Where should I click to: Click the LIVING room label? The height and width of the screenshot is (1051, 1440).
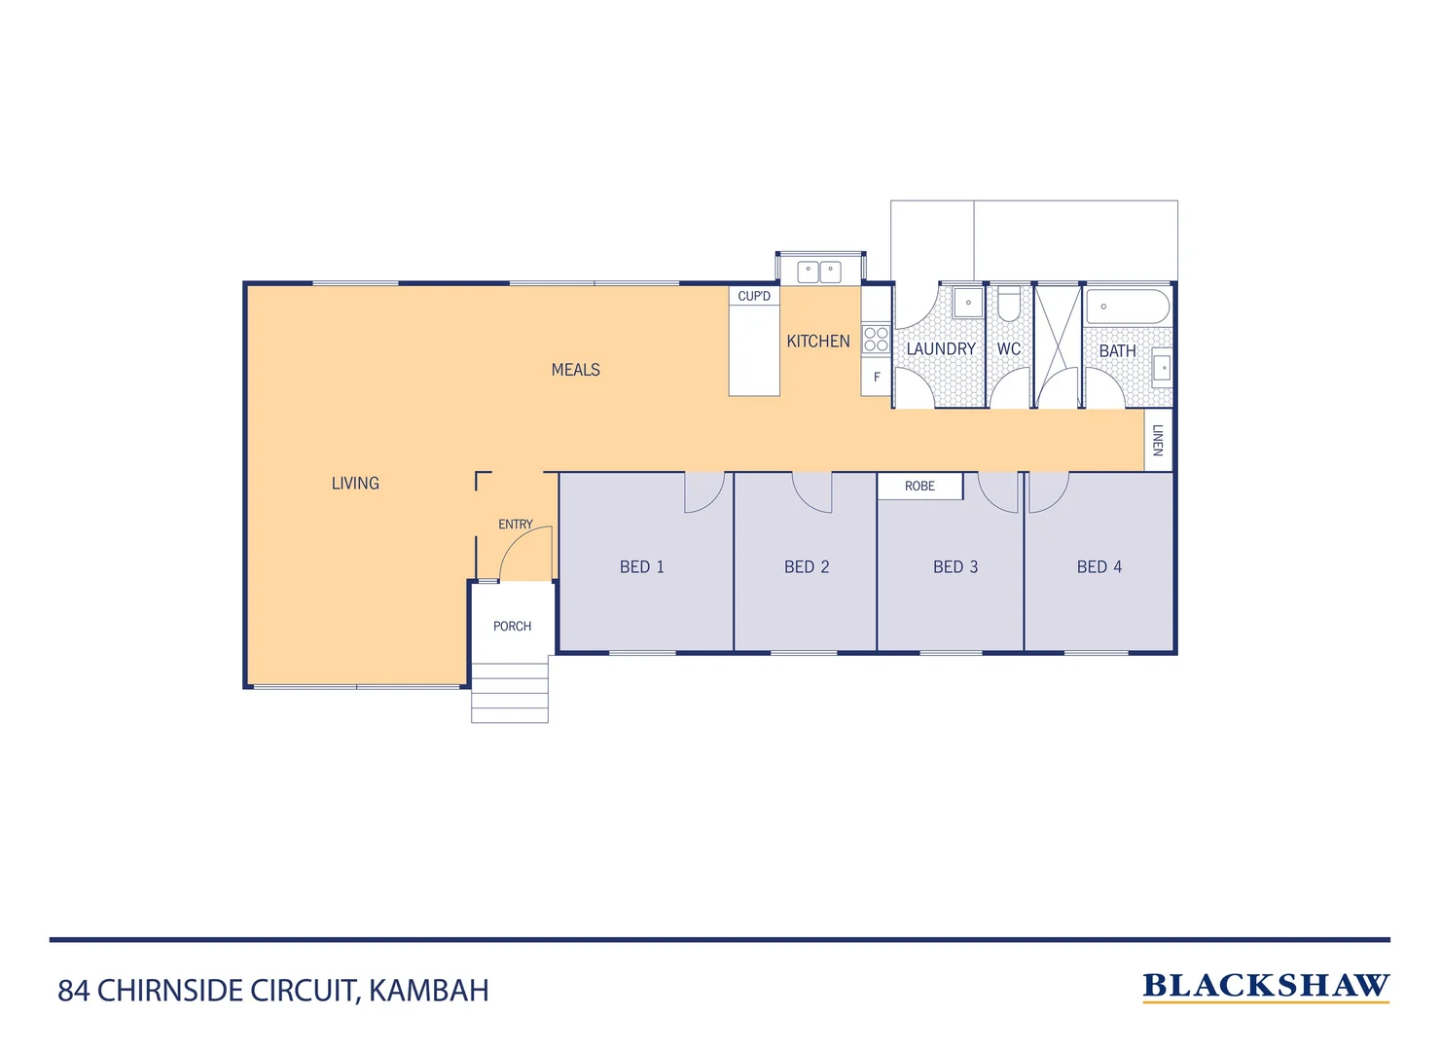(355, 483)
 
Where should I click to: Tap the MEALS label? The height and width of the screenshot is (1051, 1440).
(575, 370)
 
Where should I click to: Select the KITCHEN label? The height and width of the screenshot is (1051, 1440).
(817, 342)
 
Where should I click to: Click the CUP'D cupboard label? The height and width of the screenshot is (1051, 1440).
(754, 296)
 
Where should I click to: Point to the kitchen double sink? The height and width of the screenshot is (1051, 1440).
(819, 272)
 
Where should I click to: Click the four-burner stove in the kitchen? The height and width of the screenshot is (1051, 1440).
(876, 339)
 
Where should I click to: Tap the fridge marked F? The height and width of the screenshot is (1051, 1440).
(877, 378)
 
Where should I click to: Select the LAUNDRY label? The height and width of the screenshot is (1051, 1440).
(941, 348)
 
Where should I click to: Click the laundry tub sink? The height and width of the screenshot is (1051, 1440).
(968, 303)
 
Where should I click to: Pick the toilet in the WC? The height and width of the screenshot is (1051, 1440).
(1009, 305)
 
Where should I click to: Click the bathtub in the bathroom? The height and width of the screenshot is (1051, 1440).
(1128, 307)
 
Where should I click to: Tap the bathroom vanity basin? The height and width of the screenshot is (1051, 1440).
(1162, 368)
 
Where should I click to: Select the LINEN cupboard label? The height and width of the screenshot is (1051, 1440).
(1158, 440)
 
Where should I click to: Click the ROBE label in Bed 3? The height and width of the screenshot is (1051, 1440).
(919, 486)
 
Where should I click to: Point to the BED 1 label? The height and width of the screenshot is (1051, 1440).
(642, 566)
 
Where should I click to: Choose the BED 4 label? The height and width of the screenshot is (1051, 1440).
(1099, 566)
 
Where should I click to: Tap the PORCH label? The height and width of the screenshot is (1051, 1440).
(512, 626)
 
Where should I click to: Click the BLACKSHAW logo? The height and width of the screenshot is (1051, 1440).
(1265, 986)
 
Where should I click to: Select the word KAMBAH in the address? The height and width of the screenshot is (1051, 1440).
(429, 991)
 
